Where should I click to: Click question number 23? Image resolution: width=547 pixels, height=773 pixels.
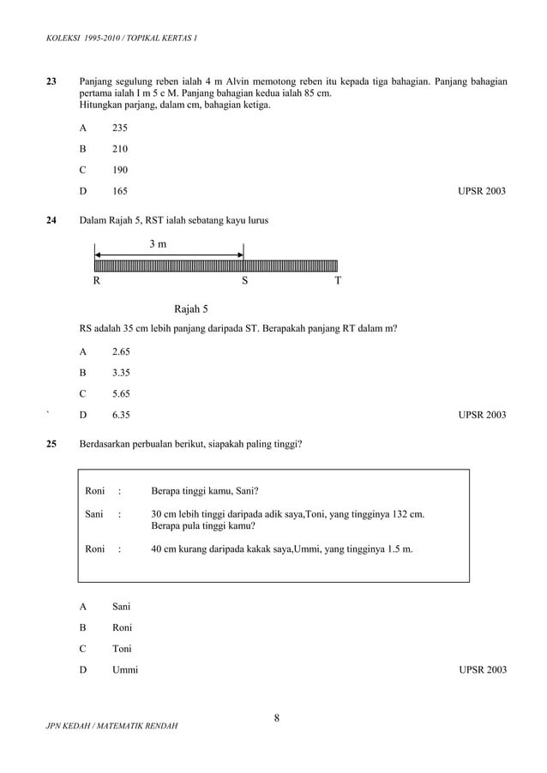51,81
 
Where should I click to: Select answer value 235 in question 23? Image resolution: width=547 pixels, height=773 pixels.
120,128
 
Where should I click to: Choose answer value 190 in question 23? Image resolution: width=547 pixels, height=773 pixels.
120,170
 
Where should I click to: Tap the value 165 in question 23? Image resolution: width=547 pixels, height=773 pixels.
120,190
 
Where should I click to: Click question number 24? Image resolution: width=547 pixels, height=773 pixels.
51,220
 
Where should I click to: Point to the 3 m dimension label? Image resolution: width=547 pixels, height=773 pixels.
158,244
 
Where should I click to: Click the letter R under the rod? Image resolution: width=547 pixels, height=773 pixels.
97,280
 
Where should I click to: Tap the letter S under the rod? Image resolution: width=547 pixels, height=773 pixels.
244,280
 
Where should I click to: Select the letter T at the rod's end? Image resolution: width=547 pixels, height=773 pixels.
338,280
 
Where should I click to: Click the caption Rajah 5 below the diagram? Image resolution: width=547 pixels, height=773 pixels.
191,309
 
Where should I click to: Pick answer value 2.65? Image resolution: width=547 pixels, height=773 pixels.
121,352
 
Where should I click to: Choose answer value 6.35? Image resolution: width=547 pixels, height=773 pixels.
121,415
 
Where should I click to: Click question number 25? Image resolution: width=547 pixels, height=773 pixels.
51,444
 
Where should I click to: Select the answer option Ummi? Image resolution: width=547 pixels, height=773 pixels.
125,669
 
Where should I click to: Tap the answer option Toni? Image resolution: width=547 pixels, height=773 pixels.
123,649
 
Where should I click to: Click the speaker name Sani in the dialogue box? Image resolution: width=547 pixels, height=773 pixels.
94,514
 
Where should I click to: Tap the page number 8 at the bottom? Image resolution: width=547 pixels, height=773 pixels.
277,718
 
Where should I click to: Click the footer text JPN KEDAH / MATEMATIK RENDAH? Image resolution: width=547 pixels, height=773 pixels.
112,727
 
